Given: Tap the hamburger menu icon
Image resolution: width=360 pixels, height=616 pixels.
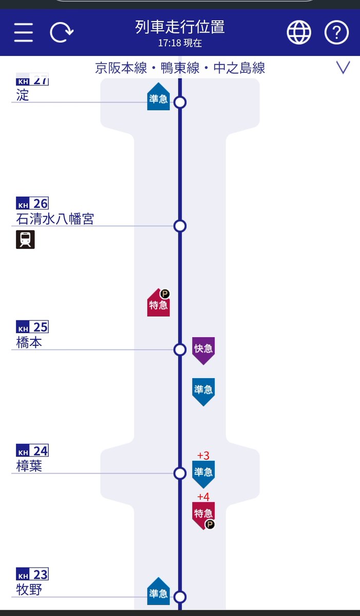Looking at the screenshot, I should click(24, 33).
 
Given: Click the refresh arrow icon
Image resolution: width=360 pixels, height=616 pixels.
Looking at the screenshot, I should click(62, 33).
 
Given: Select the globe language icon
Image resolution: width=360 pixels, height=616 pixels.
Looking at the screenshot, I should click(298, 33).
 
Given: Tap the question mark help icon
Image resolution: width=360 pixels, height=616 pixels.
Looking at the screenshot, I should click(336, 33).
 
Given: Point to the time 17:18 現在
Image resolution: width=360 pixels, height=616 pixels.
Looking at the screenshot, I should click(180, 44).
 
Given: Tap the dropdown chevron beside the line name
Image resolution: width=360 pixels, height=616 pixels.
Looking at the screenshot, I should click(343, 67).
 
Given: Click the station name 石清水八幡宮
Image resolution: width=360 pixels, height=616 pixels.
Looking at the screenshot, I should click(55, 219).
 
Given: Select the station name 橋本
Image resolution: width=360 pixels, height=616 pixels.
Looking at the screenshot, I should click(29, 343).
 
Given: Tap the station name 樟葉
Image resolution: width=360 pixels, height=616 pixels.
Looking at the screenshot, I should click(29, 466).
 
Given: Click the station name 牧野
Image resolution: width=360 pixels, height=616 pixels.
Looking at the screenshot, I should click(29, 590).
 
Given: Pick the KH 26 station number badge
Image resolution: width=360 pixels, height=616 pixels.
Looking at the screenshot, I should click(32, 203).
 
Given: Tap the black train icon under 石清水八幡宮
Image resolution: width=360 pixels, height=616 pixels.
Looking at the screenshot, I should click(25, 240).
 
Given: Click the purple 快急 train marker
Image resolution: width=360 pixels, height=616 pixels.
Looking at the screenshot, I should click(203, 350).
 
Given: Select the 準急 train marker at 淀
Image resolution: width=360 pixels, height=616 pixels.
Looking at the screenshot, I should click(159, 98).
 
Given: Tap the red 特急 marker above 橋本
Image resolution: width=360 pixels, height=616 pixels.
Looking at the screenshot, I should click(159, 304).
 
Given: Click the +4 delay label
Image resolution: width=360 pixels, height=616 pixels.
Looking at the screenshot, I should click(203, 497).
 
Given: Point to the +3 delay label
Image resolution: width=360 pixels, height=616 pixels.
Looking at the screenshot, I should click(203, 456).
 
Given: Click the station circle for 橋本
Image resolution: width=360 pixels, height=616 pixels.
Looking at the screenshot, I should click(180, 350).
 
